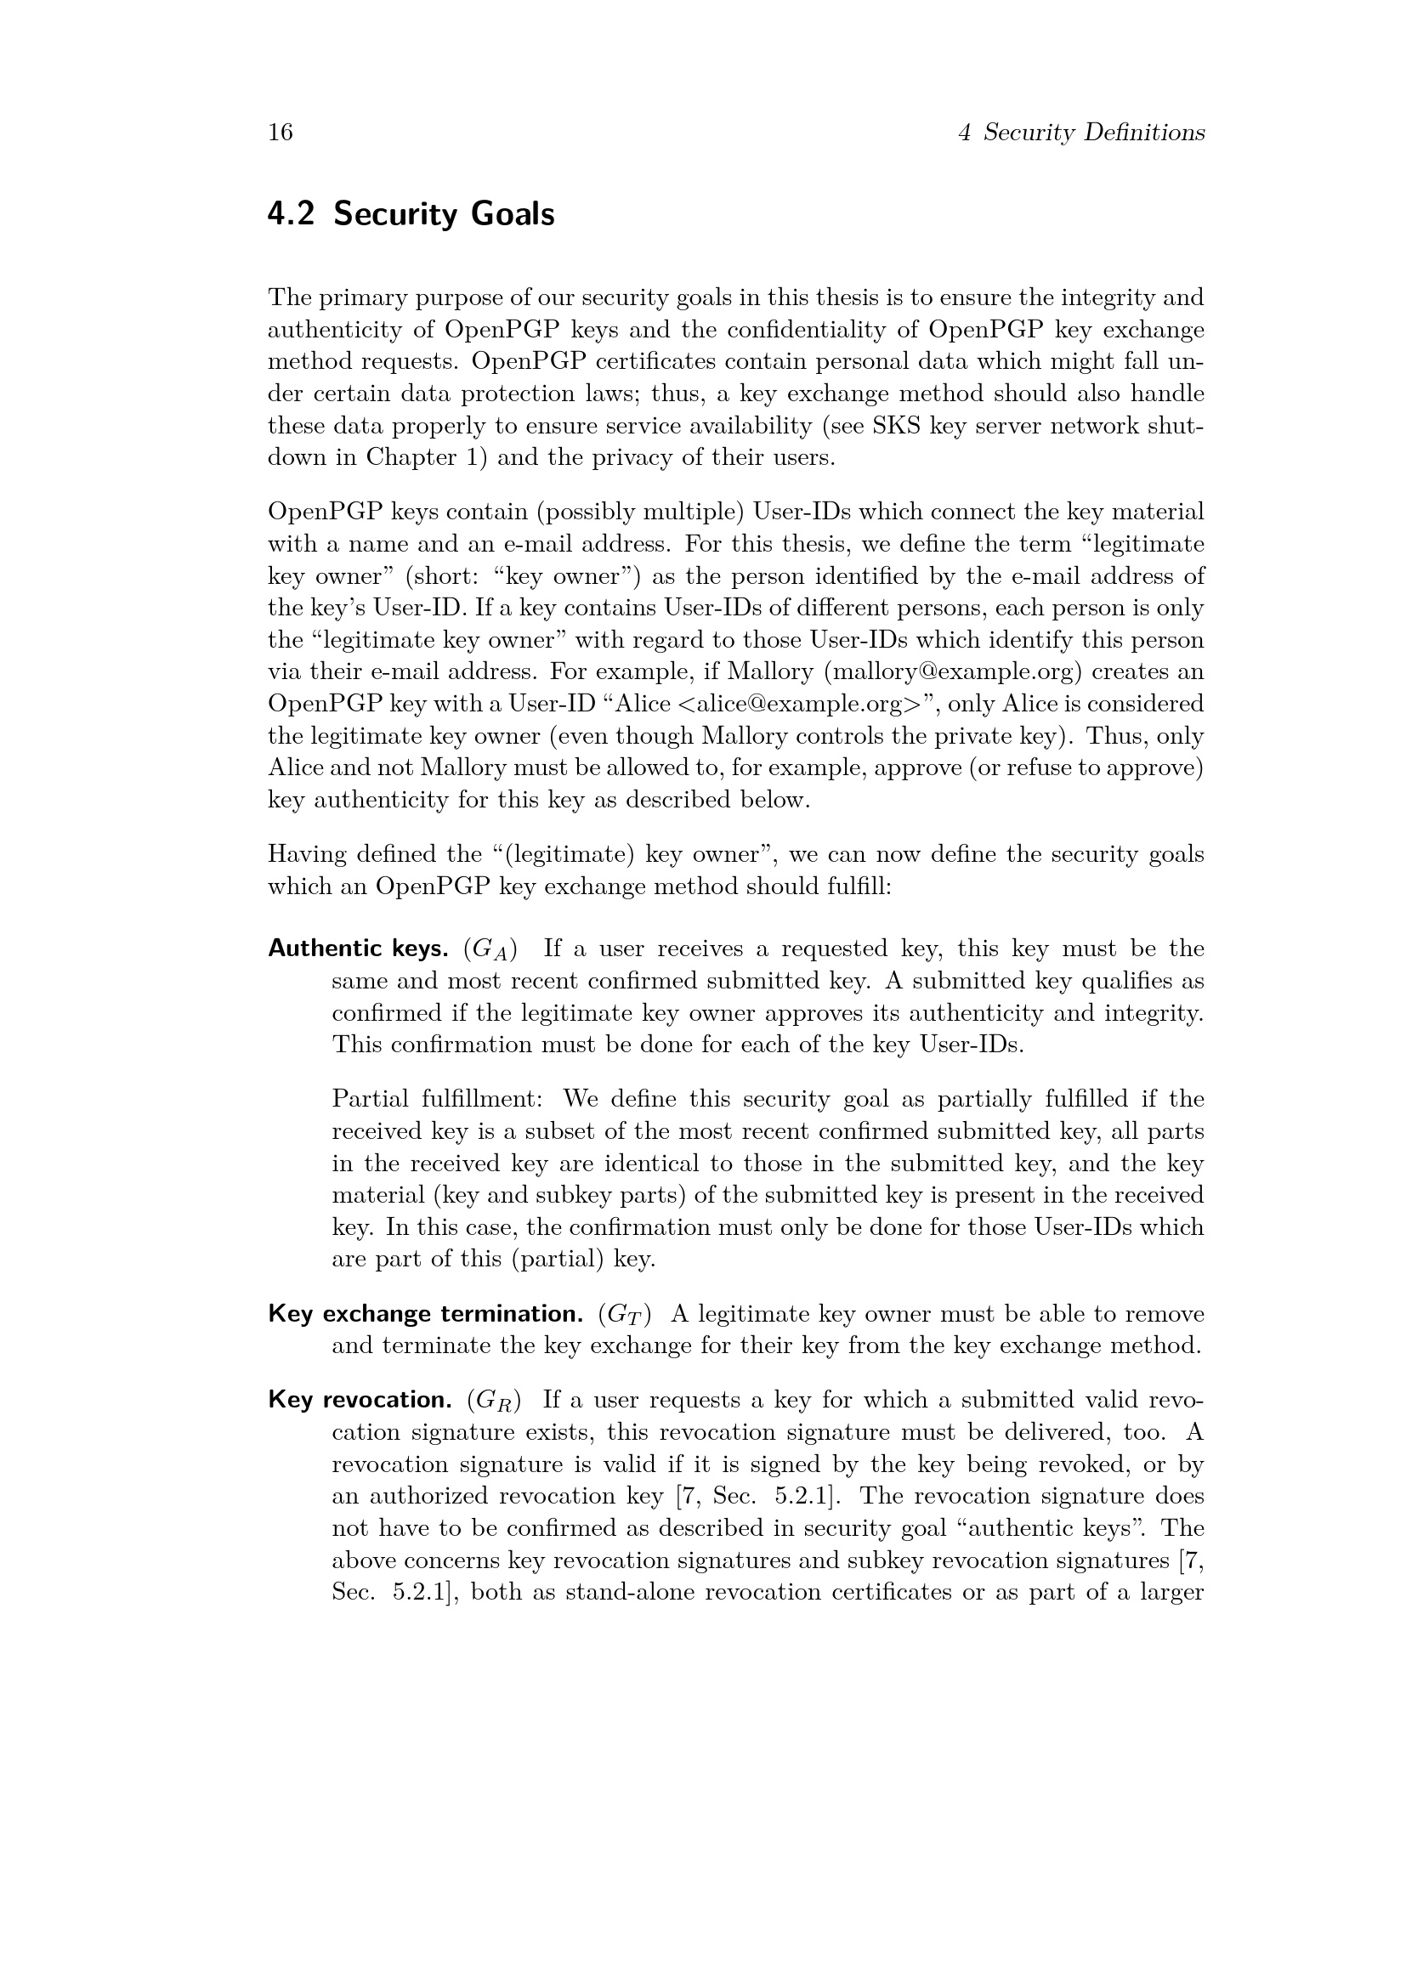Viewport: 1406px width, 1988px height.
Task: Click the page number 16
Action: (x=281, y=133)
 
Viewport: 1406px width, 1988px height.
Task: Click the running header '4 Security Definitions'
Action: (x=1081, y=133)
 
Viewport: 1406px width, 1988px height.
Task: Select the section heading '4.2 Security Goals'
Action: (x=411, y=214)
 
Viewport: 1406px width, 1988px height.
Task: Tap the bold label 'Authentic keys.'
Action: (x=358, y=949)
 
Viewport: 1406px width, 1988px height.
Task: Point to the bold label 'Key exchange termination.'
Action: (x=425, y=1314)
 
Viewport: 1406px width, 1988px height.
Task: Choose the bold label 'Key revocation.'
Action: (x=360, y=1400)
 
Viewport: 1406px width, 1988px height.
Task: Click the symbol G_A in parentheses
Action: (x=490, y=950)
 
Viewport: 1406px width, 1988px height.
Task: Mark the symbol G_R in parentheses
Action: (x=494, y=1401)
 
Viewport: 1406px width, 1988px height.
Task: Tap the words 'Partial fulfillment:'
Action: (x=437, y=1100)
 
